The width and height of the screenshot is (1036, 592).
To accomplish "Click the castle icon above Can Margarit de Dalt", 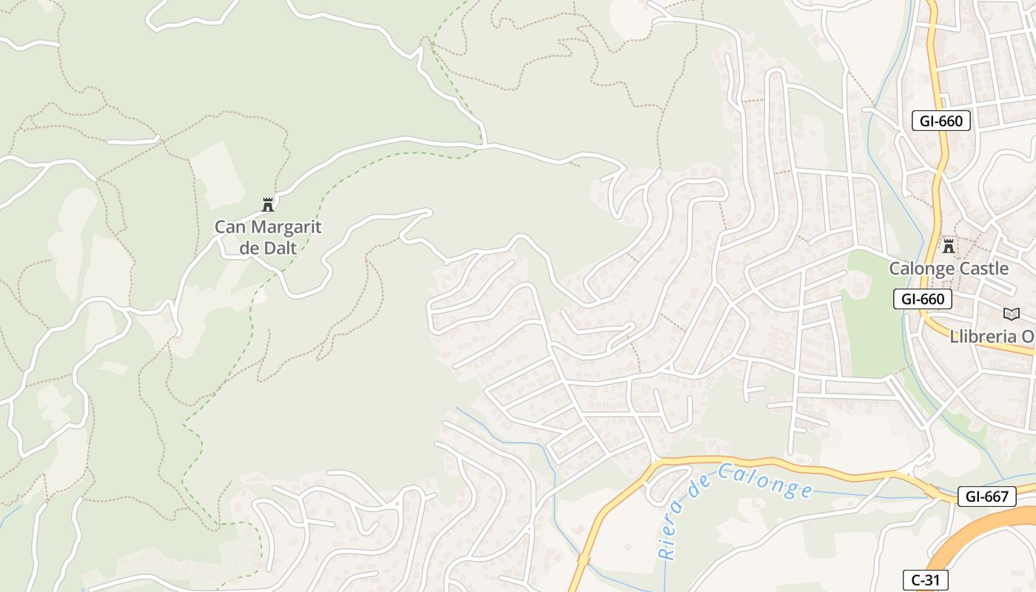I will (268, 205).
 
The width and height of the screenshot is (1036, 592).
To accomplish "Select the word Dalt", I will (279, 248).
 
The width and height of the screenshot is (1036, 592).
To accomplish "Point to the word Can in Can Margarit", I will (229, 227).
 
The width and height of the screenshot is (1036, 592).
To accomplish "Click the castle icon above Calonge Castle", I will (948, 246).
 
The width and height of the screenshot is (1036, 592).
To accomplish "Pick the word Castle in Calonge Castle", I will (984, 268).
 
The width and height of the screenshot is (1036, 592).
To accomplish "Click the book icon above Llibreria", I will (1011, 314).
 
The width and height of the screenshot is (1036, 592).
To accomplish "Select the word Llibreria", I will (983, 336).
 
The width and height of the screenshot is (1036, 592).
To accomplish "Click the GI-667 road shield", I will (987, 497).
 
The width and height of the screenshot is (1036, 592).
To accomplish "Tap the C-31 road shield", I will (925, 580).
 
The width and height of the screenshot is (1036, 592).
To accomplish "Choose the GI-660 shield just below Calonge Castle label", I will (922, 299).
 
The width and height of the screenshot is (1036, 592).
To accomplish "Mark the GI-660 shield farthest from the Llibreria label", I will (941, 121).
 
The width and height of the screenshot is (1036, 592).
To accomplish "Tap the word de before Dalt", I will (250, 248).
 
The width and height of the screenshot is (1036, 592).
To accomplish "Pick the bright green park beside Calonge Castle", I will (873, 326).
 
